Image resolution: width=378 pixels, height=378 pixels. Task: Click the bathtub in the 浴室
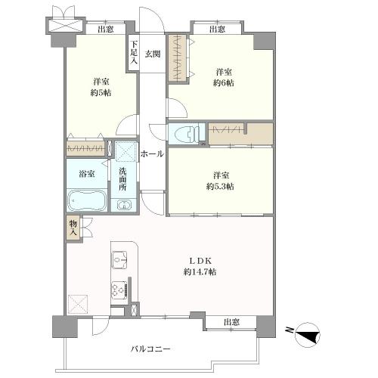click(86, 200)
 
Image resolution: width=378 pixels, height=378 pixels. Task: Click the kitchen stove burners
click(120, 290)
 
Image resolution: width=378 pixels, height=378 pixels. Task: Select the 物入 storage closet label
click(73, 227)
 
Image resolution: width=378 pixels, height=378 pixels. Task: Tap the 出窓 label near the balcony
click(231, 323)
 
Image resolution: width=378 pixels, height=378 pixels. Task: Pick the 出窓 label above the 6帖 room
click(218, 29)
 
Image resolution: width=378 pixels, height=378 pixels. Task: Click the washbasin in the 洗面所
click(125, 204)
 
